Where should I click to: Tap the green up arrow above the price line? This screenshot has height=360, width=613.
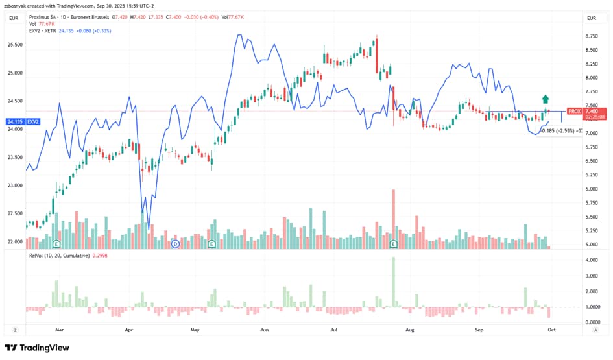(x=546, y=99)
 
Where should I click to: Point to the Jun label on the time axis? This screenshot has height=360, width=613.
(x=265, y=330)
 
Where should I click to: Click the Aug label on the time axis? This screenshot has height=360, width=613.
(x=410, y=330)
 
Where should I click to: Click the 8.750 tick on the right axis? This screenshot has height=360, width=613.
(x=591, y=36)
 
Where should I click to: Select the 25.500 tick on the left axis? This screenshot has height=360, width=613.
(x=15, y=45)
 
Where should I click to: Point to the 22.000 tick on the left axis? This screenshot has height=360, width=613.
(x=15, y=241)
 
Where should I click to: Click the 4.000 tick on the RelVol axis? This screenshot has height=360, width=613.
(x=591, y=260)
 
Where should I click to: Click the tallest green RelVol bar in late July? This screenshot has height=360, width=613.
(x=393, y=282)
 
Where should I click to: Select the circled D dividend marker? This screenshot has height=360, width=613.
(x=175, y=244)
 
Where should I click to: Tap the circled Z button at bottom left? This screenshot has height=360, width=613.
(x=14, y=330)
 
